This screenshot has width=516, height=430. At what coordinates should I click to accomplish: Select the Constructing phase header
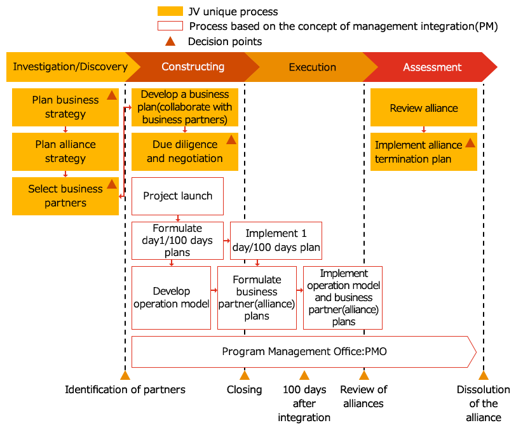[192, 67]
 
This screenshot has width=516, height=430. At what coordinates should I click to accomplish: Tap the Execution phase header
[312, 67]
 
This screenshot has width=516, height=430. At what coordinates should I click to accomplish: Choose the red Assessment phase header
[432, 67]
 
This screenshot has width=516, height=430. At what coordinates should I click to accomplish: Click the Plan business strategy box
[65, 107]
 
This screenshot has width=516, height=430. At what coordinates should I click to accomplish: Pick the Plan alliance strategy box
[65, 151]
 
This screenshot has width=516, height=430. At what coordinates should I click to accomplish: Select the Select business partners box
[65, 196]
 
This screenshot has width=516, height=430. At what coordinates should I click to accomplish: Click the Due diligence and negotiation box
[184, 151]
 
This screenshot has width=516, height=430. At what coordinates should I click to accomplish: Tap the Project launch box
[177, 196]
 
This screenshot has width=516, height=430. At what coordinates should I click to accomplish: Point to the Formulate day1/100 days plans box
[177, 240]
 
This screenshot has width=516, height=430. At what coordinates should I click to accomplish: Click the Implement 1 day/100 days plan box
[276, 240]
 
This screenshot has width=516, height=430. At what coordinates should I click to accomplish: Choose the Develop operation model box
[171, 297]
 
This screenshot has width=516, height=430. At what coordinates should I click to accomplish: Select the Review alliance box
[423, 107]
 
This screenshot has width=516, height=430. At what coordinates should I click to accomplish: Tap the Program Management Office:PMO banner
[304, 351]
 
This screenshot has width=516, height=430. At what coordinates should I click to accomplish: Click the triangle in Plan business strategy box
[111, 95]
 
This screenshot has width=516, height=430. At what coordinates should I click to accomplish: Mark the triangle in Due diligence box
[231, 140]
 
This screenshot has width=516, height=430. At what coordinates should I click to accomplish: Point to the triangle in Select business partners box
[111, 184]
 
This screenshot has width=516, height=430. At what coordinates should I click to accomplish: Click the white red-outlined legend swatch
[170, 26]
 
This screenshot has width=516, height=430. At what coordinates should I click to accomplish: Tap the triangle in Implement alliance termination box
[470, 143]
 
